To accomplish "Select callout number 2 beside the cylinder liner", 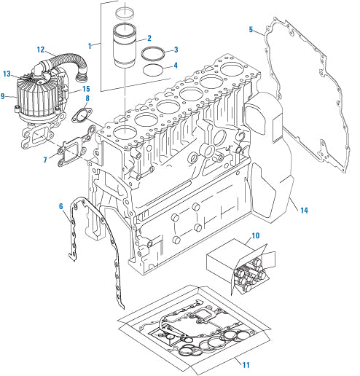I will [149, 38].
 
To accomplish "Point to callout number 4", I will [176, 66].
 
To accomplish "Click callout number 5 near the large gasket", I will [251, 30].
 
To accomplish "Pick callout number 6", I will [61, 207].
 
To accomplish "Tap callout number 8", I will [87, 98].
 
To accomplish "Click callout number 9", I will [4, 95].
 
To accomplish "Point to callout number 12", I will [41, 49].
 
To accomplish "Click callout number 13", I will [7, 74].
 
